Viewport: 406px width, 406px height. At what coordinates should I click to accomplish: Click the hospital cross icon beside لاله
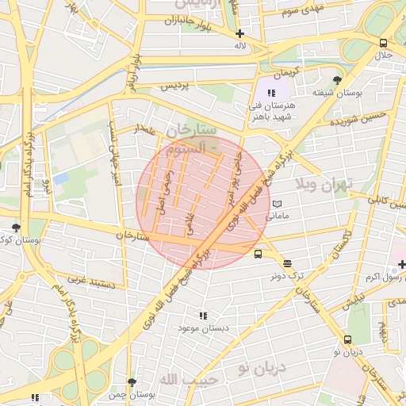click(239, 33)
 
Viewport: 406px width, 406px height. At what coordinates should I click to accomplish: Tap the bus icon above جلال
click(384, 43)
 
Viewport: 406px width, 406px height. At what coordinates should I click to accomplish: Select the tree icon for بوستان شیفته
click(338, 80)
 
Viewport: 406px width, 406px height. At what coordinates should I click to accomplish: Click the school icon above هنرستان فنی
click(272, 93)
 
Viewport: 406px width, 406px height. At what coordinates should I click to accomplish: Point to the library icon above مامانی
click(277, 204)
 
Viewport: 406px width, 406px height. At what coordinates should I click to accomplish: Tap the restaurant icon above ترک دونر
click(286, 263)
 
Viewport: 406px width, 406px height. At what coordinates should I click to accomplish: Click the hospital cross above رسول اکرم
click(401, 263)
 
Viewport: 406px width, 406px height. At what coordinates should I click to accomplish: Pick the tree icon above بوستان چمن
click(132, 382)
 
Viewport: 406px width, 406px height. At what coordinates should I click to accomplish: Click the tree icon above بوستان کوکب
click(16, 228)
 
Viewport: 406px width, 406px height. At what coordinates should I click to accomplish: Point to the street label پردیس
click(176, 86)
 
